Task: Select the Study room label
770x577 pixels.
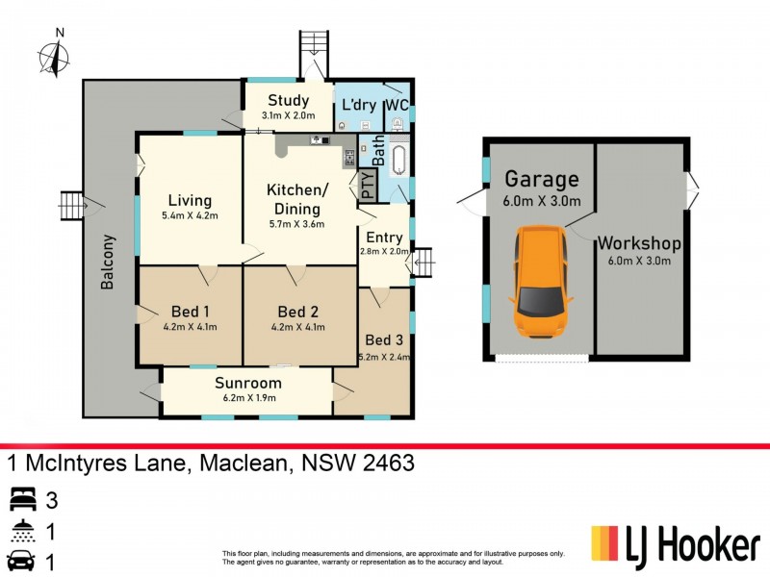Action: pos(288,101)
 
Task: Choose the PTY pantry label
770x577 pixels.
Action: pos(369,184)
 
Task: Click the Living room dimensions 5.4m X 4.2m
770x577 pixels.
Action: pos(190,216)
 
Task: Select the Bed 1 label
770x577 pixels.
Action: pos(190,311)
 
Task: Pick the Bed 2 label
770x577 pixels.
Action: pos(297,311)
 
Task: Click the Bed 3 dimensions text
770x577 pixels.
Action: pos(384,356)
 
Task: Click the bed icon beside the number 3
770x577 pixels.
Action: pos(22,499)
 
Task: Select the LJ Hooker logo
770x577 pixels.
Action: pos(674,545)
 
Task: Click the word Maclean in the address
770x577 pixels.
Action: pos(244,464)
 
